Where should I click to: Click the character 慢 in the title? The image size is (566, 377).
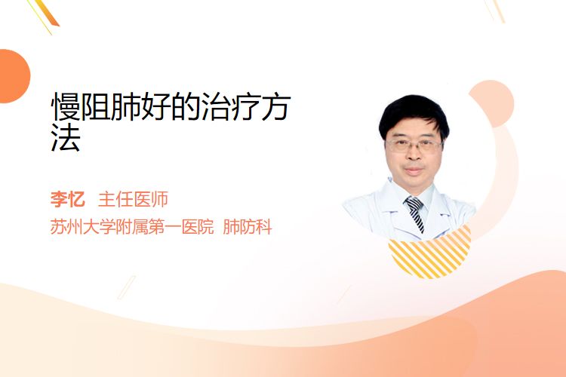66,106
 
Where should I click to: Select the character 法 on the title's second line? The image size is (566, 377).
66,137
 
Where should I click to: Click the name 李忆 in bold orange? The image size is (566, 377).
67,199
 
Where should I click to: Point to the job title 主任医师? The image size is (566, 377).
133,199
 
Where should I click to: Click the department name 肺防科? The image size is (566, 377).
248,227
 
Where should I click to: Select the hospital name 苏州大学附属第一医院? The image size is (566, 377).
132,227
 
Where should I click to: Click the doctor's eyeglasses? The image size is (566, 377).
414,146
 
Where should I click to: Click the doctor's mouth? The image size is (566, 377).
414,170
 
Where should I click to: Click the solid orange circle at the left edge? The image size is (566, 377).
14,76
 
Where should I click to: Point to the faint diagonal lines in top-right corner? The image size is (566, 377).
494,11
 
